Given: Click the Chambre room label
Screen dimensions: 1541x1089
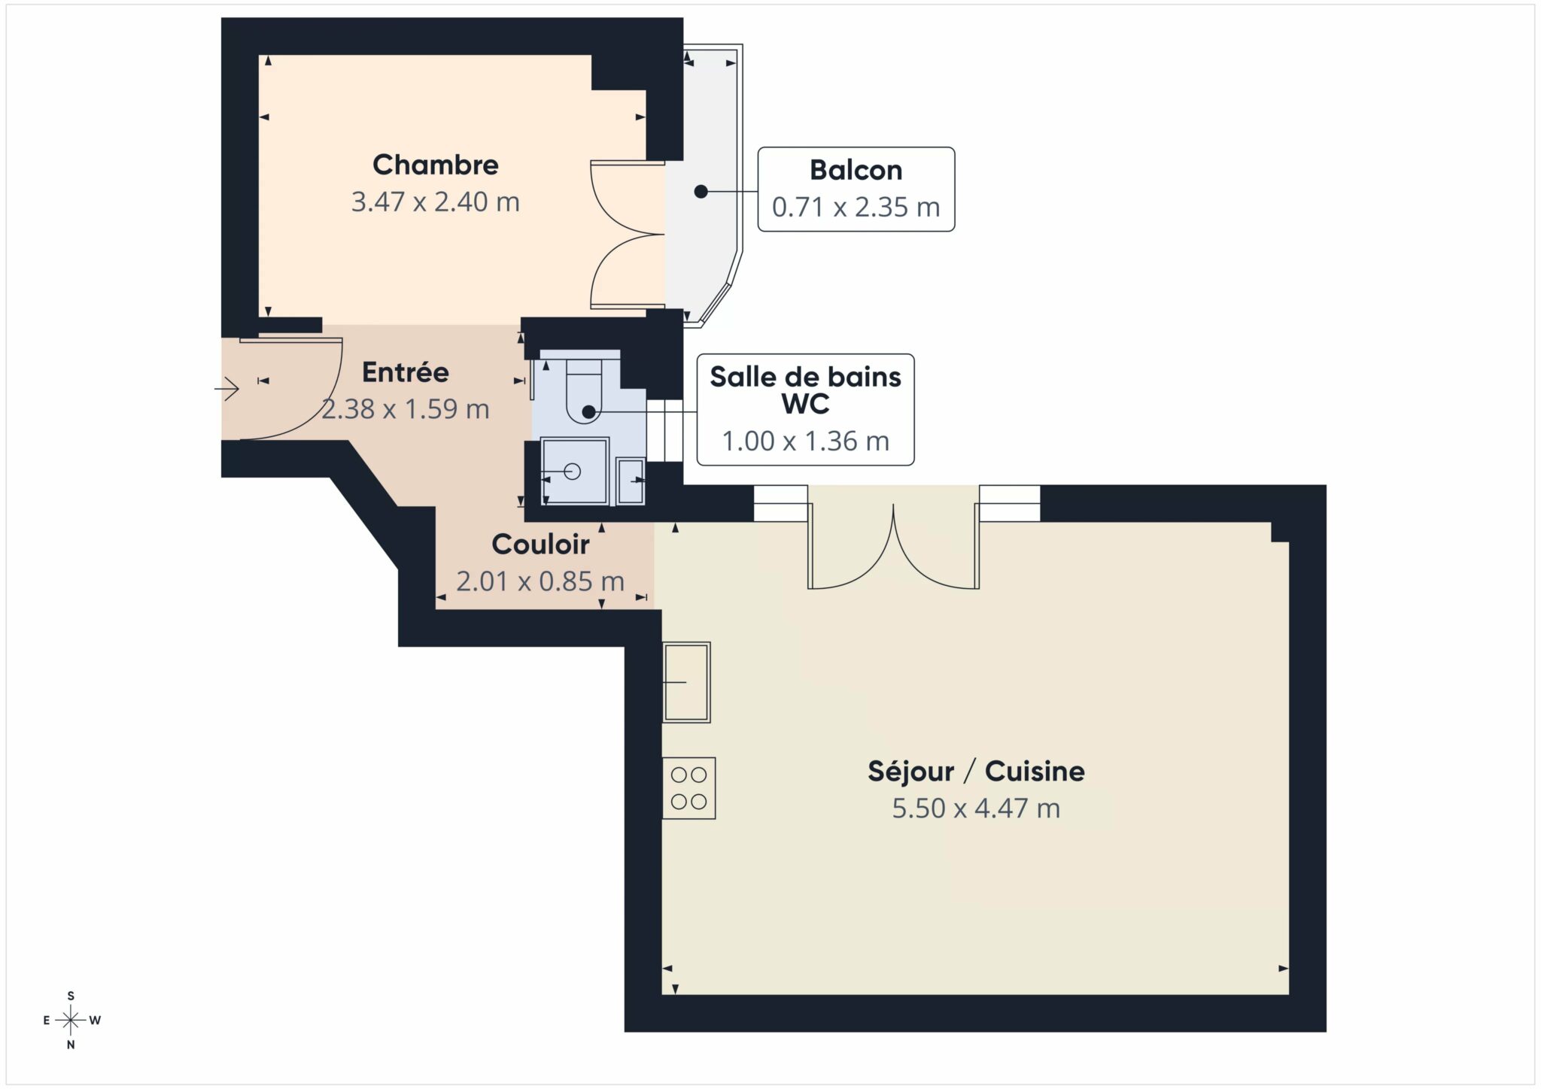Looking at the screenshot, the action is tap(435, 165).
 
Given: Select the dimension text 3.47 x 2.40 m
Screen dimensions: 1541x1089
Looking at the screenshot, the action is tap(435, 202).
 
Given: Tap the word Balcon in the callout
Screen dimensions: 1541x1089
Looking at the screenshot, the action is tap(856, 170).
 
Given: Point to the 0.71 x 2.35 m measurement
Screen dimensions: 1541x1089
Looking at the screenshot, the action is tap(856, 207).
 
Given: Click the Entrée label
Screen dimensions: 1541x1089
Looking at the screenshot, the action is tap(405, 372).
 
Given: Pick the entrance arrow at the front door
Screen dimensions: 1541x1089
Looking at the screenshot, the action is tap(226, 389).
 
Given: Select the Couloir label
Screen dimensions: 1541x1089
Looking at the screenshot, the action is tap(540, 544).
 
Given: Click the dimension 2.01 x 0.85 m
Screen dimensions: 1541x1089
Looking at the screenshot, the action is tap(540, 581).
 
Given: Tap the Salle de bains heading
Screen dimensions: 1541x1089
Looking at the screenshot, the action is tap(805, 376).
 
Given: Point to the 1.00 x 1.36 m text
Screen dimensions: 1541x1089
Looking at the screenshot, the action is tap(805, 441).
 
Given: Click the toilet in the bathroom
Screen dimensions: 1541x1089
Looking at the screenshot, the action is tap(584, 391).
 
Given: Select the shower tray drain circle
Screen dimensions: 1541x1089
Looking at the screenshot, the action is tap(573, 472).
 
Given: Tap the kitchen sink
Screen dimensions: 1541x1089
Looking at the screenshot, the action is tap(686, 682).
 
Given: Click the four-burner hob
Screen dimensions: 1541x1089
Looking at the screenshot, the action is tap(688, 787).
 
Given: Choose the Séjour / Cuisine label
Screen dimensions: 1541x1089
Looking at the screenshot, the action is tap(976, 771).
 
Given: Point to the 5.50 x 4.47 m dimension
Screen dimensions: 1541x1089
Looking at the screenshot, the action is tap(976, 808).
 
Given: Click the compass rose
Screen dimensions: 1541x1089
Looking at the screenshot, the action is tap(71, 1020).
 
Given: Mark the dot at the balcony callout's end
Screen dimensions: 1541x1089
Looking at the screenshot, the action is tap(701, 192).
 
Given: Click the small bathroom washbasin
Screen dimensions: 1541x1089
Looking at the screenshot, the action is tap(631, 480).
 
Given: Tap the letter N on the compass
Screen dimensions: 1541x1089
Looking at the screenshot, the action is tap(71, 1045).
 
